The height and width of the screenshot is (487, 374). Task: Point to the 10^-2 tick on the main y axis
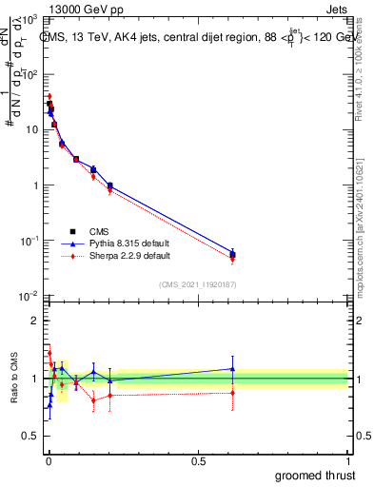point(30,297)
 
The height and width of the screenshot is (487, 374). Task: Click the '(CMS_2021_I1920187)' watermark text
point(198,282)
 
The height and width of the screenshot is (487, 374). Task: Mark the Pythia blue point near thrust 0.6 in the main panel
point(232,253)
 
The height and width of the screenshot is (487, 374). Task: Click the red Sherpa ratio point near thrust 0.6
point(232,392)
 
